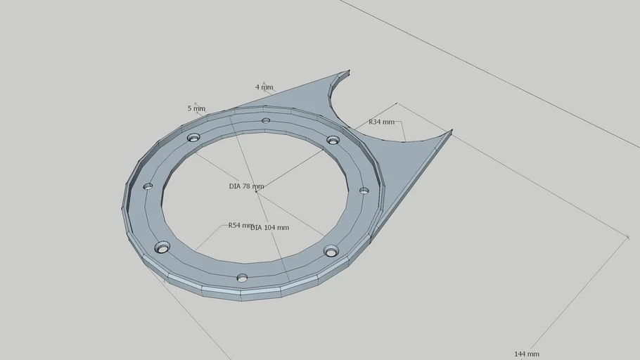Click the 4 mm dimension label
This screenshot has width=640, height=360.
[264, 88]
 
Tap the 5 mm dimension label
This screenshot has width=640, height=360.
[196, 108]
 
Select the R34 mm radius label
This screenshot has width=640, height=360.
[382, 122]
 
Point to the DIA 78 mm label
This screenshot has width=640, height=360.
[246, 187]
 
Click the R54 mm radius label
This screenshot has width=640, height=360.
[241, 226]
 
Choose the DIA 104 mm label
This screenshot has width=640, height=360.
[270, 228]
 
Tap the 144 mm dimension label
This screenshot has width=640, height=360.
[527, 354]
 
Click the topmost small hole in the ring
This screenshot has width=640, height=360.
[266, 120]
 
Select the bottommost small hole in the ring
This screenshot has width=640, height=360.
[242, 278]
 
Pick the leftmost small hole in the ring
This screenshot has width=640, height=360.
[148, 186]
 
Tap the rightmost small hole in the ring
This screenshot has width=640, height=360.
[364, 191]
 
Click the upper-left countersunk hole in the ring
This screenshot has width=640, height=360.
[193, 137]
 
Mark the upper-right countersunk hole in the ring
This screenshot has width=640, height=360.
[333, 140]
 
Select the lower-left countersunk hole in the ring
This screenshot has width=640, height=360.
[162, 247]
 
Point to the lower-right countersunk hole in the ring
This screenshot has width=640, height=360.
[331, 250]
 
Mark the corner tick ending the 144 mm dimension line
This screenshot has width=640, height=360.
[628, 237]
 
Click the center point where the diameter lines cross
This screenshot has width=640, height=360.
[257, 193]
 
